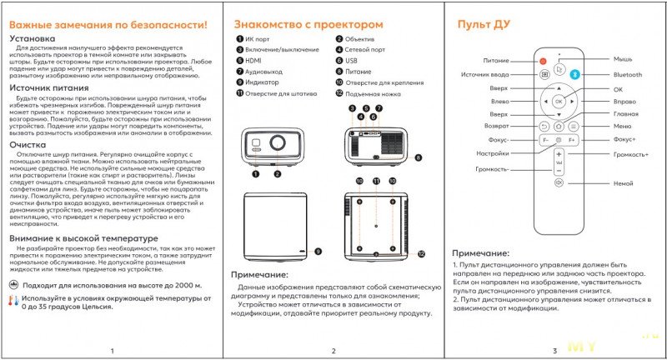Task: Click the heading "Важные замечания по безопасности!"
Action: point(108,26)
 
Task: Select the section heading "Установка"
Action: point(33,39)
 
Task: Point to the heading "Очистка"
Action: point(29,144)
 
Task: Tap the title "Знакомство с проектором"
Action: point(308,25)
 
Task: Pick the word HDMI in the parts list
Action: point(254,61)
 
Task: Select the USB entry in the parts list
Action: point(351,61)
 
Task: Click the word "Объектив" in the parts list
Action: point(360,39)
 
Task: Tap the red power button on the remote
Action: point(544,60)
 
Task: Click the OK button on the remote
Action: point(559,100)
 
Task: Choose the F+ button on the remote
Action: point(572,141)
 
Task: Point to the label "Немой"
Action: point(622,182)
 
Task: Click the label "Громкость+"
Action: point(630,154)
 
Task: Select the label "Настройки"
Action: point(493,153)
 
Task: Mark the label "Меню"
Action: point(622,127)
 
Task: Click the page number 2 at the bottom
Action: point(332,350)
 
